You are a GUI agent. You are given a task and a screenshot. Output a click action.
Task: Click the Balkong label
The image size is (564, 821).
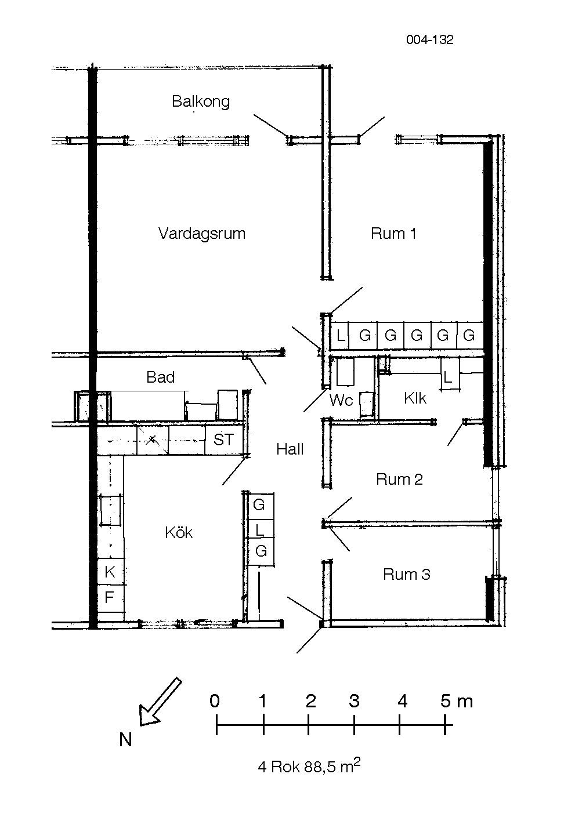(201, 101)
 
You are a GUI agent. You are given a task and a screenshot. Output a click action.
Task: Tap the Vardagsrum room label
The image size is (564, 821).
(201, 234)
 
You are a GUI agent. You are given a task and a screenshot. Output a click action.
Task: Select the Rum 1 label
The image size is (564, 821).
(393, 234)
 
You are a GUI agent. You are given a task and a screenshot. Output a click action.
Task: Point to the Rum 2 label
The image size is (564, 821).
(399, 479)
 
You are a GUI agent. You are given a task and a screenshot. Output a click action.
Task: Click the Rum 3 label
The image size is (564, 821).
(406, 575)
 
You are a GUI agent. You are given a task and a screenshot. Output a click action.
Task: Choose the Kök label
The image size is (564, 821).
(179, 533)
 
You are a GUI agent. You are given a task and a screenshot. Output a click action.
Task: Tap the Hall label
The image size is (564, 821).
(290, 449)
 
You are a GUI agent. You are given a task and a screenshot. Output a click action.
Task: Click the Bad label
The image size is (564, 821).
(161, 377)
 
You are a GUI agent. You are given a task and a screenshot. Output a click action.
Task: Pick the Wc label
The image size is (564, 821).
(341, 400)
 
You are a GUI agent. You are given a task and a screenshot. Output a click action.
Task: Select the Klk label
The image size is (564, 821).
(415, 398)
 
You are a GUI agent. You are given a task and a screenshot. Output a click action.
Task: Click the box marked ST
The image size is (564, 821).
(223, 440)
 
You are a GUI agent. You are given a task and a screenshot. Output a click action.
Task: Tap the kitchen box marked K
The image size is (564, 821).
(110, 572)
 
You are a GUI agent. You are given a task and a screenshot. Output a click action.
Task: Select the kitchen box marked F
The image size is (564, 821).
(109, 597)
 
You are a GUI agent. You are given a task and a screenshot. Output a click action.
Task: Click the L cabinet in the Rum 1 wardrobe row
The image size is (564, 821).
(340, 335)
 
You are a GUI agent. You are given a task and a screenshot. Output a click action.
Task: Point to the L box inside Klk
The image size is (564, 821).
(448, 377)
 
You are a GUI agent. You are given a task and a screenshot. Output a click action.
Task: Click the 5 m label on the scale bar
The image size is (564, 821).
(456, 702)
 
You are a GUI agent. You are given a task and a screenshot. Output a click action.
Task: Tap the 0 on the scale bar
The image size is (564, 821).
(215, 702)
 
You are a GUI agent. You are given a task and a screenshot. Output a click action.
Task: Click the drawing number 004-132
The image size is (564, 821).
(429, 39)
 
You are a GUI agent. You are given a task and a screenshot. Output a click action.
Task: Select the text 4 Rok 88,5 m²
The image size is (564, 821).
(309, 766)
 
